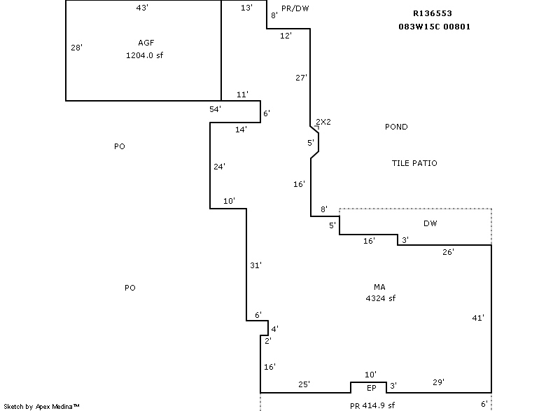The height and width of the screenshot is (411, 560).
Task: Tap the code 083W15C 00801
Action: [434, 27]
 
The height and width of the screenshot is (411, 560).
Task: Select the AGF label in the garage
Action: [146, 43]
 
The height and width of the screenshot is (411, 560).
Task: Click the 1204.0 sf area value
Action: [146, 55]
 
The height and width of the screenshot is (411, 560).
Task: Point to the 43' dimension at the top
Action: [143, 8]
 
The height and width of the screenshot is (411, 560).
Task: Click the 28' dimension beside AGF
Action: [77, 48]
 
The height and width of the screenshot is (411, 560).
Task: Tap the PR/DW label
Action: [295, 8]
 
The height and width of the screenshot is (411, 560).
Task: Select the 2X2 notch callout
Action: [323, 122]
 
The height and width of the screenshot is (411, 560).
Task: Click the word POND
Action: [396, 127]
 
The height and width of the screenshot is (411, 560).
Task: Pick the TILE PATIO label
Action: [414, 163]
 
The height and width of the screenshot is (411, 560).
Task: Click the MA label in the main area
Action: [380, 287]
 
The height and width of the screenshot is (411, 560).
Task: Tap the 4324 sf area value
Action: [380, 298]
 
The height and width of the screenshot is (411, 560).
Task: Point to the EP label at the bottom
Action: [372, 388]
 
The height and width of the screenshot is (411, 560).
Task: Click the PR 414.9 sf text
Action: [372, 405]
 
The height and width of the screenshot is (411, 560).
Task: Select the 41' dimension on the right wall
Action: [479, 318]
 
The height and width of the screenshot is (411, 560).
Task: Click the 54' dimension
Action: [216, 109]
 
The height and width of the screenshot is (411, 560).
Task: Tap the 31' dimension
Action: [256, 265]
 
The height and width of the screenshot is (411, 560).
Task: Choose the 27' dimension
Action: [302, 78]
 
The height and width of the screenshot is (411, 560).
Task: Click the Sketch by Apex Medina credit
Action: [41, 406]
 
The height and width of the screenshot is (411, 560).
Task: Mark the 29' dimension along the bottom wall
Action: [438, 382]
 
